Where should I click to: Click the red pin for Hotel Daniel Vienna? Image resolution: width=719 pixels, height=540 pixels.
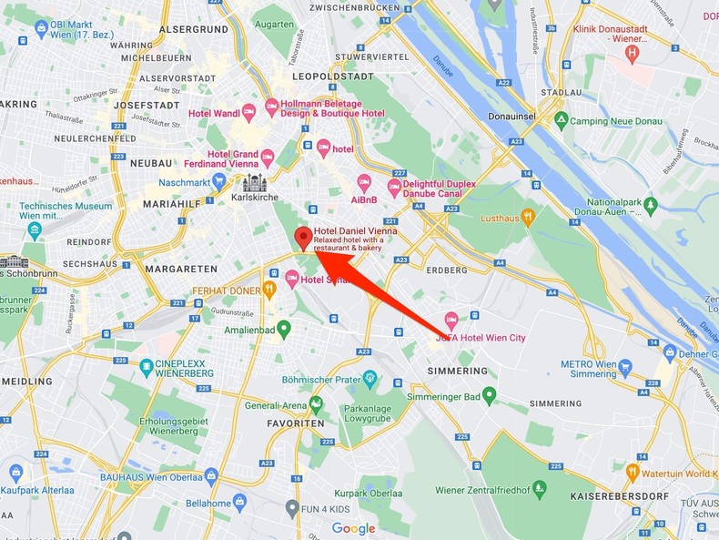click(304, 238)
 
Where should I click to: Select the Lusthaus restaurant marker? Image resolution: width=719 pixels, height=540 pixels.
click(527, 217)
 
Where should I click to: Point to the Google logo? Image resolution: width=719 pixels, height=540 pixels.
click(353, 528)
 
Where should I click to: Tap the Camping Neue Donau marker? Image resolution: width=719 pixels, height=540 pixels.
click(562, 120)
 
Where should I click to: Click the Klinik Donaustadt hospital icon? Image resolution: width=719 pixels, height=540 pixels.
click(633, 53)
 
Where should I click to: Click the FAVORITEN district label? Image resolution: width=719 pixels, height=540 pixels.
click(295, 424)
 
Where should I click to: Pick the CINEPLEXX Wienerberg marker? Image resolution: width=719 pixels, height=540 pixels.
click(147, 368)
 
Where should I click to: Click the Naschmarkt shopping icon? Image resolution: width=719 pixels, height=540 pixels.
click(218, 181)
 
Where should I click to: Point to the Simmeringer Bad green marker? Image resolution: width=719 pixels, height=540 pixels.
click(490, 394)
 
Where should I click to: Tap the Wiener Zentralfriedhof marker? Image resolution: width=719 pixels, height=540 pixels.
click(539, 489)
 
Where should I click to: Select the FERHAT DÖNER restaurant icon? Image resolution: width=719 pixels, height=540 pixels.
click(269, 290)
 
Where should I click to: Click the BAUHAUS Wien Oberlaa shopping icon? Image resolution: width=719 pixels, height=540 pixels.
click(211, 475)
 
